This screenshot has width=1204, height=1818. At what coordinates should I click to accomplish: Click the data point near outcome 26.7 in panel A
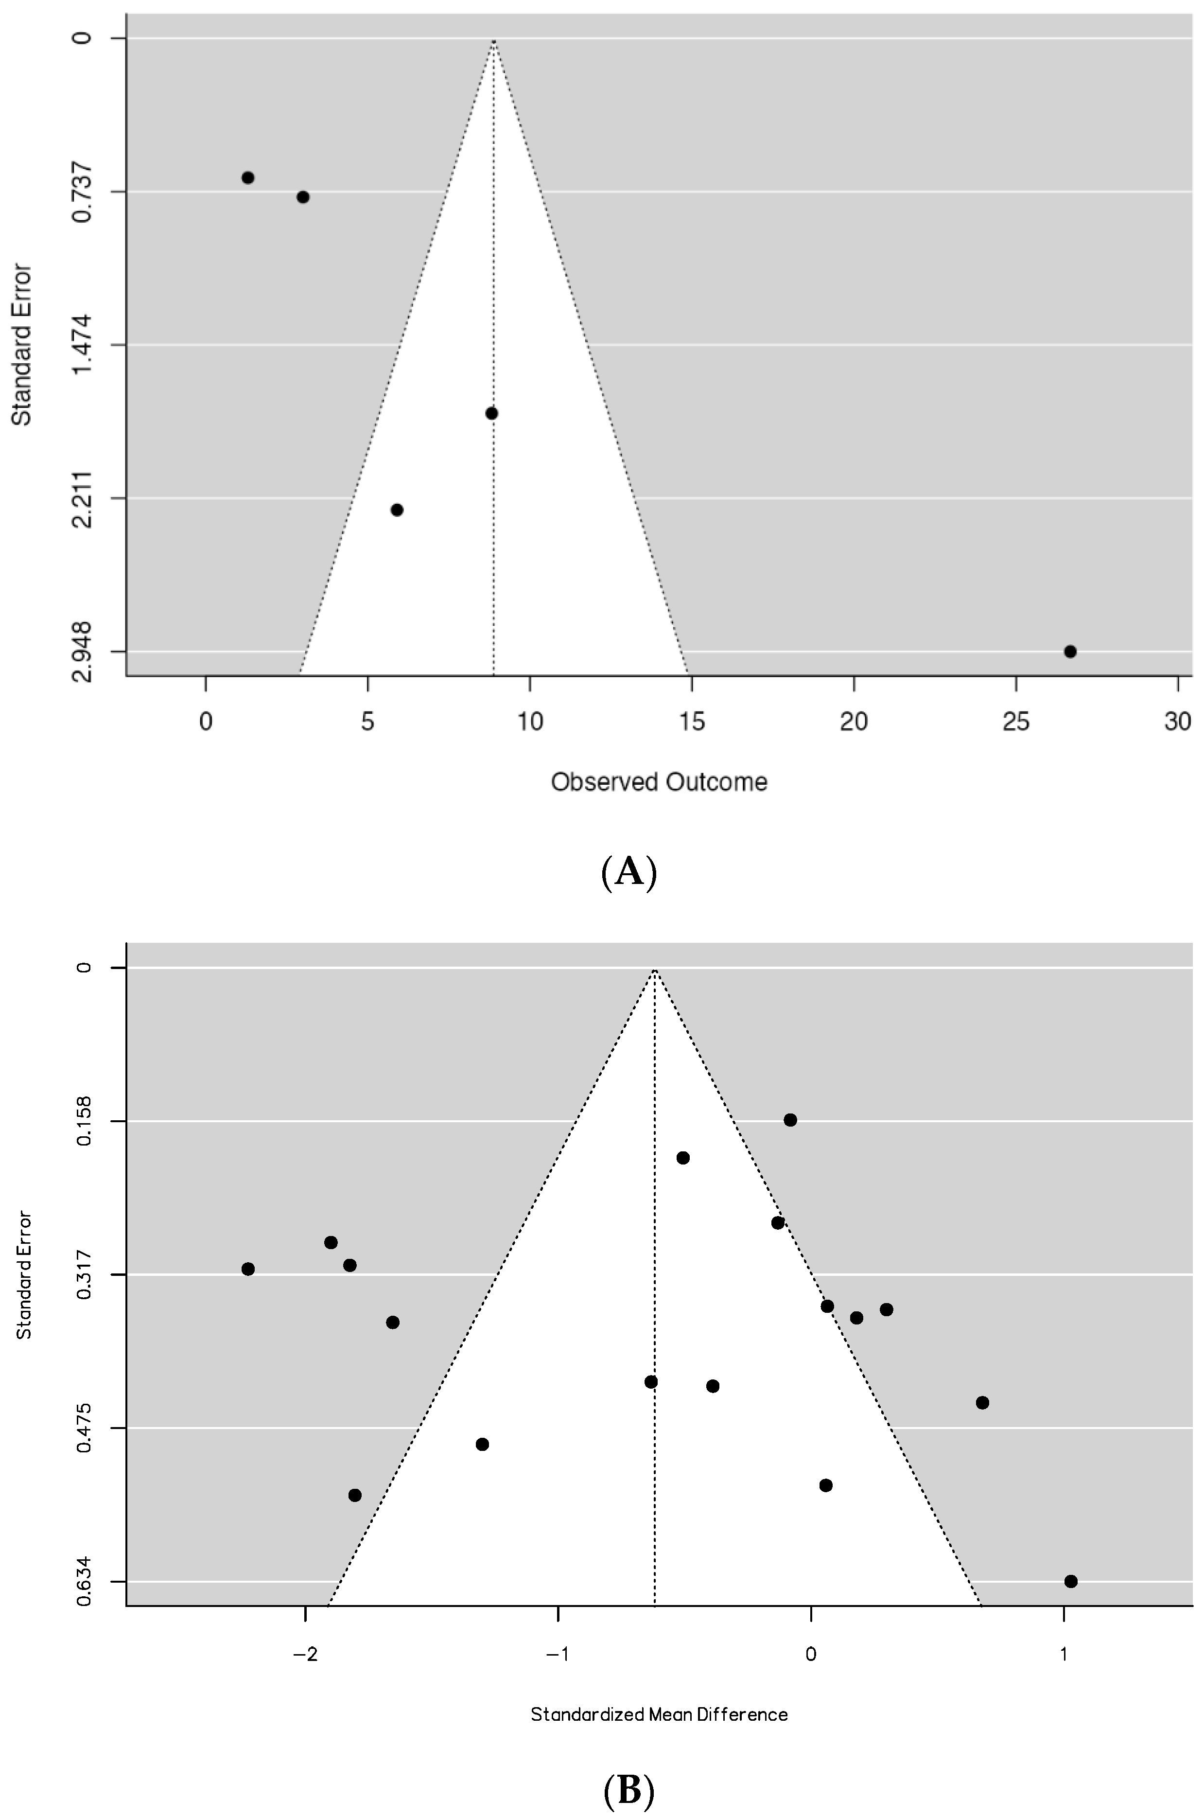1070,652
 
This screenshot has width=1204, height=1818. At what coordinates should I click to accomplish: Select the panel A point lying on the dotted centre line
491,413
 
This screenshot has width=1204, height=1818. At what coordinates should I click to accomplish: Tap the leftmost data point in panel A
248,177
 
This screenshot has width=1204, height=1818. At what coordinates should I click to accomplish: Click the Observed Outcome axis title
659,782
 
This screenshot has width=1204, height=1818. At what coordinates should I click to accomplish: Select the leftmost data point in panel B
248,1269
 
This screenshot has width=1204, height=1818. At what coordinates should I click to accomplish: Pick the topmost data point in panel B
790,1120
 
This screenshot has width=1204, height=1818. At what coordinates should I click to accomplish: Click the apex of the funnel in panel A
494,40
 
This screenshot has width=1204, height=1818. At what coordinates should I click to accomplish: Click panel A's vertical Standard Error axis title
21,344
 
